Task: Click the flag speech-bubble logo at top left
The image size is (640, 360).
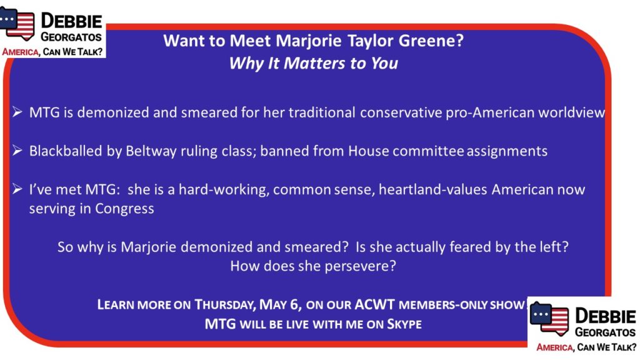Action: pos(17,23)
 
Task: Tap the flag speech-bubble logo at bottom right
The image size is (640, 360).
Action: pos(549,318)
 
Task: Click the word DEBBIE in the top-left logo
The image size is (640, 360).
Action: pos(71,21)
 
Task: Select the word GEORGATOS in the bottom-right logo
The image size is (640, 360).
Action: pos(605,332)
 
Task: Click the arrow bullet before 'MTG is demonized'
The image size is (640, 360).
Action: pos(17,112)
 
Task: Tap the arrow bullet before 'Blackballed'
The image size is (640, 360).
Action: pos(17,151)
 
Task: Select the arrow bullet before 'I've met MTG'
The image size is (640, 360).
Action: pos(17,189)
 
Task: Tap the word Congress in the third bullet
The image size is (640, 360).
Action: pos(124,209)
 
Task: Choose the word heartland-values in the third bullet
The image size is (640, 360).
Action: pos(433,189)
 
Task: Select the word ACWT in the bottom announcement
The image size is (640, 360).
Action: pos(375,304)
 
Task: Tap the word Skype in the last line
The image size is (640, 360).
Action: pos(404,324)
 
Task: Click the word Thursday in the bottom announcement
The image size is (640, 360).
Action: pos(225,305)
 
